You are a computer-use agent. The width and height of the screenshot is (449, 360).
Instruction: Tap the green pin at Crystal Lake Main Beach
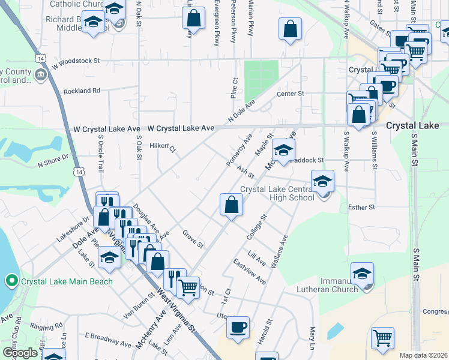pos(10,281)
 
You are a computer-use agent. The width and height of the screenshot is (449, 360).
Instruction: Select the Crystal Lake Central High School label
pos(277,193)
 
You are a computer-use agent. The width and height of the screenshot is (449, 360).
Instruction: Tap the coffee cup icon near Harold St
pos(238,328)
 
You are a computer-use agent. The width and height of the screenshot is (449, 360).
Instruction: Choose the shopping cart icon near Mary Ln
pos(382,338)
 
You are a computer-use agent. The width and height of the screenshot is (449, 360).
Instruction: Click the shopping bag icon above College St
pos(231,205)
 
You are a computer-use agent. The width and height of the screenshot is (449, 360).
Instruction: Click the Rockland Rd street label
pos(82,91)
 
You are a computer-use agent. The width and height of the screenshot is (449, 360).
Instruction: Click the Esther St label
pos(361,207)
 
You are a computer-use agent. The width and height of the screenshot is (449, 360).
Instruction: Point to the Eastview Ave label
pos(250,271)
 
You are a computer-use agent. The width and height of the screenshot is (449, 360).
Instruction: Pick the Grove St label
pos(193,239)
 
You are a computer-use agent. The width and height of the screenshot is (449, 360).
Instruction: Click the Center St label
pos(291,94)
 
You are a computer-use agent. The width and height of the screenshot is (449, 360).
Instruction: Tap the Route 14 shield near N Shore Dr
pos(79,172)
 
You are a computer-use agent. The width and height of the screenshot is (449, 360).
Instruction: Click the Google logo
pos(20,353)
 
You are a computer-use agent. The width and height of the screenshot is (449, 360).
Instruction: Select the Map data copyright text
pos(424,355)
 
